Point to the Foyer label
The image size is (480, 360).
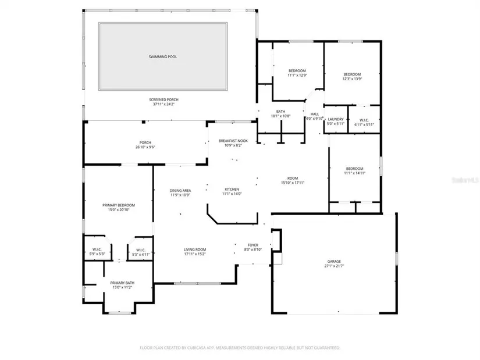pyautogui.click(x=253, y=245)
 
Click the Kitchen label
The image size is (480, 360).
pyautogui.click(x=232, y=189)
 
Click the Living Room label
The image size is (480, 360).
pyautogui.click(x=195, y=249)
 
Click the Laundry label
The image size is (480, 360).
pyautogui.click(x=336, y=119)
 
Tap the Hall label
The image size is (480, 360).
pyautogui.click(x=315, y=114)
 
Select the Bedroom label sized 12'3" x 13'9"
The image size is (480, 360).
pyautogui.click(x=352, y=74)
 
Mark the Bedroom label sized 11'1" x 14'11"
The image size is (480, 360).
pyautogui.click(x=354, y=169)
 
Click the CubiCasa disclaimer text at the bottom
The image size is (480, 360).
pyautogui.click(x=240, y=348)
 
